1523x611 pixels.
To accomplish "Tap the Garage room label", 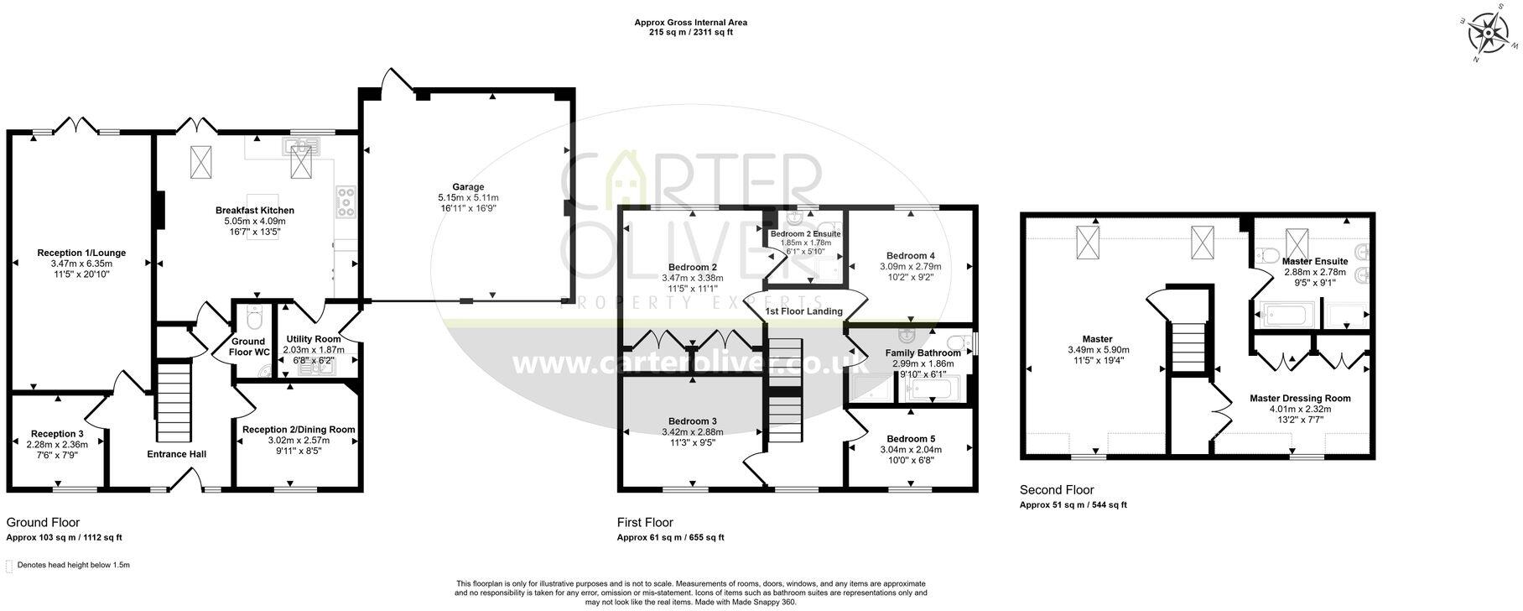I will (x=468, y=187).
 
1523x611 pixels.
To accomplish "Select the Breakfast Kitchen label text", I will (x=254, y=210).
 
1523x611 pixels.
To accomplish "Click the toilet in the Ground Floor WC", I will (x=255, y=318).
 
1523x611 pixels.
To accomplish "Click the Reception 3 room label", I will (x=57, y=433).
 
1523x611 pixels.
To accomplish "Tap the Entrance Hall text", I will (x=177, y=454).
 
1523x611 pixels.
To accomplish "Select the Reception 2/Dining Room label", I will (x=298, y=429).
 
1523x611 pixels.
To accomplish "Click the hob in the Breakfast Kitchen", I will (x=344, y=201).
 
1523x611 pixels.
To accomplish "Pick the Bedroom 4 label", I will (x=910, y=255).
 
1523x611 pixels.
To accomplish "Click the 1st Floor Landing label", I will (x=803, y=311).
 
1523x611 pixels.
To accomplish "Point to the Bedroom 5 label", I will (x=910, y=438).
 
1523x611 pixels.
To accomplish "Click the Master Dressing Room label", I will (x=1299, y=398).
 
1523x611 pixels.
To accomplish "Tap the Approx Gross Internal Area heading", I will (x=690, y=23).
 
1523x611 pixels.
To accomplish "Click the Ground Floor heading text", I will (x=43, y=522).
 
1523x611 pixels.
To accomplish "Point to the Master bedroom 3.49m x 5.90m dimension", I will (x=1098, y=350).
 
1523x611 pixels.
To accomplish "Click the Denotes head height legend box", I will (x=9, y=566).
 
